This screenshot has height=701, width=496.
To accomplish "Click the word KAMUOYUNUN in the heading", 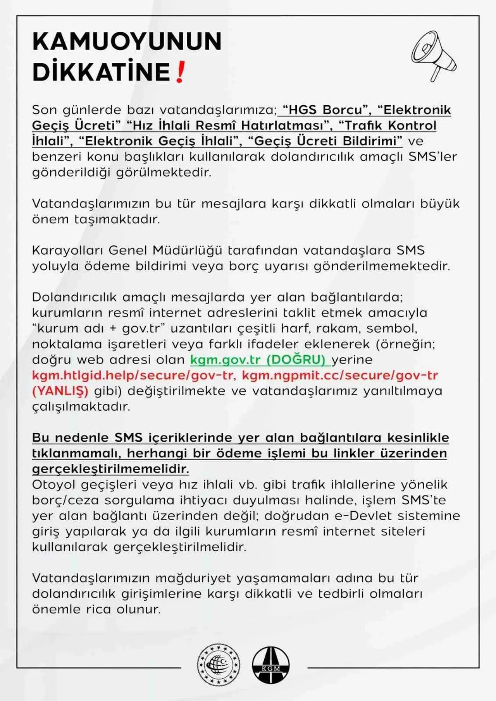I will coord(127,41).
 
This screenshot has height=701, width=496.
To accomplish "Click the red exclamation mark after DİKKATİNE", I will coord(180,72).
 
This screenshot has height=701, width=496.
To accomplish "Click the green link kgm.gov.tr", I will coord(225,360).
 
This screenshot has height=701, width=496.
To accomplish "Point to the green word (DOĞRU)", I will coord(296,360).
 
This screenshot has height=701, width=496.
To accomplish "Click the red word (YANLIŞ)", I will coord(60,391).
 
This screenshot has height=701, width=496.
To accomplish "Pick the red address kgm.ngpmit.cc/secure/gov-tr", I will coord(340,375).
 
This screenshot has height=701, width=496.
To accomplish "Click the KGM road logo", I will coord(270,665).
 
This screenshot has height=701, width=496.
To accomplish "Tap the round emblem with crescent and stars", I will coord(218,665).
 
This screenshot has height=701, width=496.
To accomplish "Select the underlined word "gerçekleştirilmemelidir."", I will coord(110,469).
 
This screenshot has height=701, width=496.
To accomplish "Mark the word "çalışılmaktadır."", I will coord(81,406).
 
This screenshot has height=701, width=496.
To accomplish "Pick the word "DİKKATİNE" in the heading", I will coord(101,72).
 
